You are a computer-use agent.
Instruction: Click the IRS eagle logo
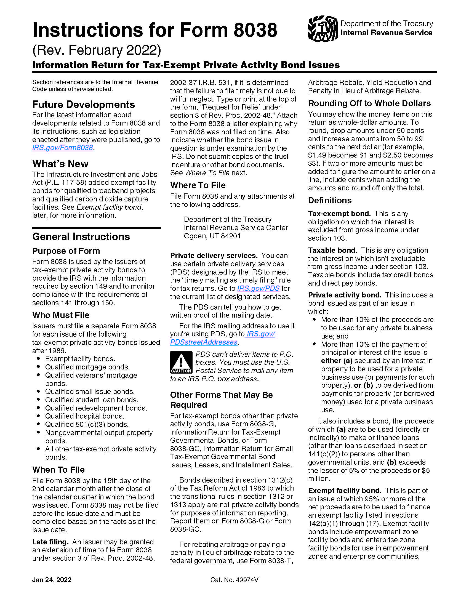tap(323, 29)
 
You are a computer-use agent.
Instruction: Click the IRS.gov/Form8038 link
tap(63, 148)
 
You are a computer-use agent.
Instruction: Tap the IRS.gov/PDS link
tap(258, 288)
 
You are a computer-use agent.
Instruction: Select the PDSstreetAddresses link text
tap(204, 342)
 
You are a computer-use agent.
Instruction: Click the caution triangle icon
tap(181, 362)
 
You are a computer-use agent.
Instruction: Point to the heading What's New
tap(60, 164)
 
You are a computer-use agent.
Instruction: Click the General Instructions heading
tap(81, 236)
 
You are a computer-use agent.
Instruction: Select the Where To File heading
tap(198, 185)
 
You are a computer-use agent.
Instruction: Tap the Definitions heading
tap(329, 200)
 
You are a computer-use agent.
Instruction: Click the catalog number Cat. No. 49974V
tap(234, 580)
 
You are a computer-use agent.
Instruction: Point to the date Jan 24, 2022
tap(52, 580)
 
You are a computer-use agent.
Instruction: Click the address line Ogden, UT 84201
tap(212, 236)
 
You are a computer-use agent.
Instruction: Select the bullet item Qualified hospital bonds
tap(84, 416)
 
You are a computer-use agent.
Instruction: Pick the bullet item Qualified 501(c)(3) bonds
tap(87, 424)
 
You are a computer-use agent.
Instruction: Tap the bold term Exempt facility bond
tap(345, 491)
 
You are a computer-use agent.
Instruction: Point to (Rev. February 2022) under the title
tap(97, 50)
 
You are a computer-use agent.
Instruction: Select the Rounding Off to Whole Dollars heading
tap(369, 103)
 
